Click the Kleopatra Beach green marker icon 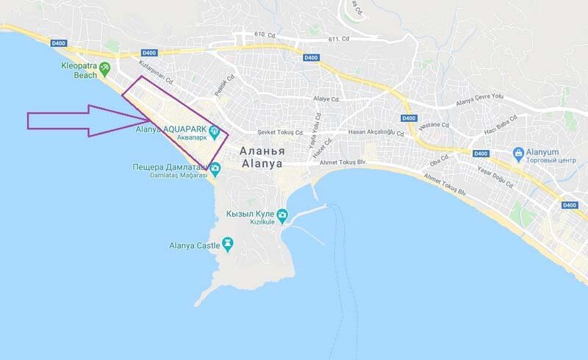point(105,68)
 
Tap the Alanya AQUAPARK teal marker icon point(215,132)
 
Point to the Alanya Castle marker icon point(228,242)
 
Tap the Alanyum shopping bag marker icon point(519,154)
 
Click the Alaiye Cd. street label point(326,99)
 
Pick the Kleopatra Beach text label point(78,69)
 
